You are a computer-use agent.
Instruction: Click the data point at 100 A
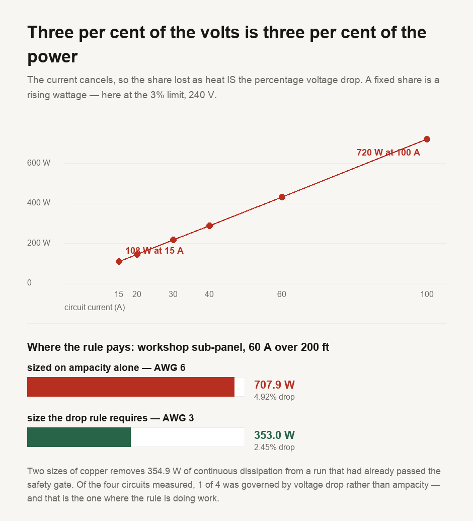click(427, 139)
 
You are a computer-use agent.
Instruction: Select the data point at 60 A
click(282, 197)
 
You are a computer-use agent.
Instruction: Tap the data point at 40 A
click(209, 226)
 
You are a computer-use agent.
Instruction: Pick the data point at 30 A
click(173, 240)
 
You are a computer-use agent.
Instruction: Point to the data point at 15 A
click(119, 261)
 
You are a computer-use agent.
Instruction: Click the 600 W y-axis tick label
click(39, 163)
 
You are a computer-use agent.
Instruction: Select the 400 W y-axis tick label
click(39, 203)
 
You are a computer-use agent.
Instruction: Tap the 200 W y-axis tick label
click(39, 243)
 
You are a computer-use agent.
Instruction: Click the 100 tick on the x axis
click(427, 294)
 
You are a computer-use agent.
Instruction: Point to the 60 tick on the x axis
click(282, 294)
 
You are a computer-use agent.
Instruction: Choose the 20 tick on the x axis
click(137, 294)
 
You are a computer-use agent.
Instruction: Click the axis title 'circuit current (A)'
click(95, 308)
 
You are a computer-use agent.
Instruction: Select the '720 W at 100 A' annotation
click(388, 153)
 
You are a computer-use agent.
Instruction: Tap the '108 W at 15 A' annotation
click(154, 251)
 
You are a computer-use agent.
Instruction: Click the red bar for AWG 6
click(131, 387)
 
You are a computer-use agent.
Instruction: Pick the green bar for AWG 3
click(79, 437)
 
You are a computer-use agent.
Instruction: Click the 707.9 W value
click(274, 385)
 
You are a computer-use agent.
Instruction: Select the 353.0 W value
click(274, 435)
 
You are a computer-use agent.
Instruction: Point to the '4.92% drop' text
click(274, 397)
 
